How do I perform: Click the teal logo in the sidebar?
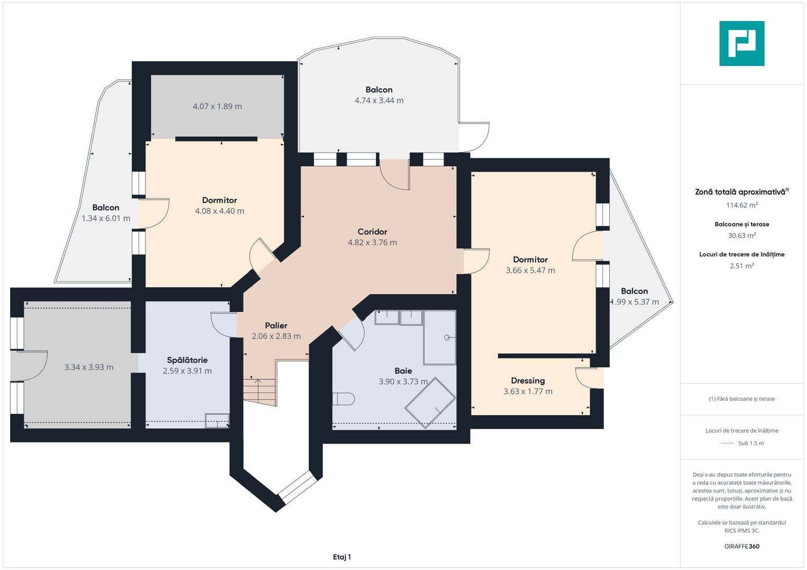(x=742, y=43)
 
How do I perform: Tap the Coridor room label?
(x=372, y=232)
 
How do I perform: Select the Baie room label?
(x=403, y=370)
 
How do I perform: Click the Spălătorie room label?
(x=187, y=360)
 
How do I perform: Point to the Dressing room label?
(x=528, y=381)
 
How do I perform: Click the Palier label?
(x=276, y=326)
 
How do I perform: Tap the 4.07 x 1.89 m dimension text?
(x=217, y=107)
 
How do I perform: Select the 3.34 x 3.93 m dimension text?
(x=89, y=367)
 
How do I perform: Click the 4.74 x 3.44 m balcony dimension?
(x=379, y=101)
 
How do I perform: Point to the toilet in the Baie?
(x=344, y=399)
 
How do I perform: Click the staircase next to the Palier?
(x=260, y=392)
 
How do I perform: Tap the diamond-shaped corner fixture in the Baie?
(x=430, y=403)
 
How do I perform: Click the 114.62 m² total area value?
(x=742, y=205)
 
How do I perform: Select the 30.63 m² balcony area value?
(x=742, y=236)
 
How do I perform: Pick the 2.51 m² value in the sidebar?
(x=742, y=266)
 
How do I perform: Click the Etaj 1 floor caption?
(x=342, y=557)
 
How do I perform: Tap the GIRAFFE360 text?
(x=742, y=546)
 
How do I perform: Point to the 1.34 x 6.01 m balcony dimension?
(x=106, y=218)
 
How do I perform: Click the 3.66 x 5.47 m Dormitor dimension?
(x=530, y=271)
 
